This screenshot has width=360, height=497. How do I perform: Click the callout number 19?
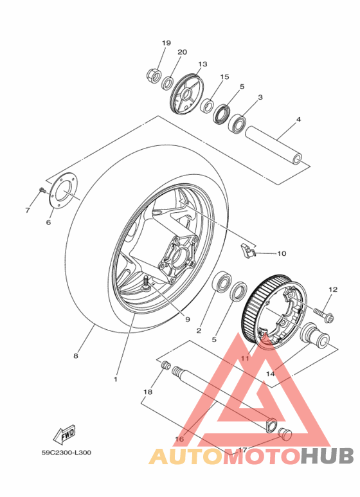click(166, 42)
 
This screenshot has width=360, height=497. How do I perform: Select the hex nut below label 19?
click(154, 75)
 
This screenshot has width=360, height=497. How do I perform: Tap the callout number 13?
click(203, 64)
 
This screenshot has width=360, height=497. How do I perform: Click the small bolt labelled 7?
click(42, 190)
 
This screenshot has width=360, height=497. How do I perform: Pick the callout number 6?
click(48, 222)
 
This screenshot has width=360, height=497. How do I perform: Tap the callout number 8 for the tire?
click(75, 356)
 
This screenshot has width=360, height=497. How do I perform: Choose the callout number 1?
click(116, 379)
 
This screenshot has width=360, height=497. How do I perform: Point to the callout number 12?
click(332, 290)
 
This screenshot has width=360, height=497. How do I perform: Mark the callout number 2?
click(199, 330)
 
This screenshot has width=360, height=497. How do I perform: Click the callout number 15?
click(224, 77)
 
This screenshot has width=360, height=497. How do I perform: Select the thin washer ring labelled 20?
click(168, 83)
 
